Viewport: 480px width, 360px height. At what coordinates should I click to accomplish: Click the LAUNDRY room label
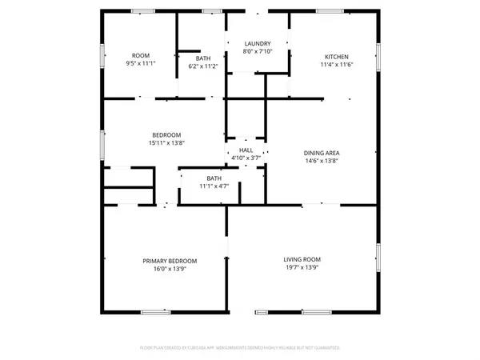click(x=257, y=43)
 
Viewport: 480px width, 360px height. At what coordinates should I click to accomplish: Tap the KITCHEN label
click(x=335, y=56)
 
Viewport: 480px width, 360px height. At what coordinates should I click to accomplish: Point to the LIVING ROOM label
click(x=302, y=259)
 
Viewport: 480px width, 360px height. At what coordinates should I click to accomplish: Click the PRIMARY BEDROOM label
click(x=170, y=261)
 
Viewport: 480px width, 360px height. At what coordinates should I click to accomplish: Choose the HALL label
click(x=245, y=150)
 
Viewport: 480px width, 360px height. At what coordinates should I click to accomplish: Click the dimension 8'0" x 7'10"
click(x=257, y=52)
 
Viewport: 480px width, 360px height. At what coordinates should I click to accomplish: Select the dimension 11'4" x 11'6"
click(x=335, y=64)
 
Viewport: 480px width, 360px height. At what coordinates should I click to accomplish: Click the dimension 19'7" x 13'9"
click(x=302, y=268)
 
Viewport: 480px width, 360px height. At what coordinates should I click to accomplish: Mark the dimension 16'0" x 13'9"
click(x=170, y=270)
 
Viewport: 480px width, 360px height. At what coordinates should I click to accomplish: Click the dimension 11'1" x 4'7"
click(x=214, y=186)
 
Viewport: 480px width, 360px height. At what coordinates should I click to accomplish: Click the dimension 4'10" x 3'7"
click(x=245, y=158)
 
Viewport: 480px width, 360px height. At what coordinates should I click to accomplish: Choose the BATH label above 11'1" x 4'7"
click(x=214, y=178)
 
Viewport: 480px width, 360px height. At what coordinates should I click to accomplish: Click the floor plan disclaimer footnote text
click(x=240, y=348)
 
